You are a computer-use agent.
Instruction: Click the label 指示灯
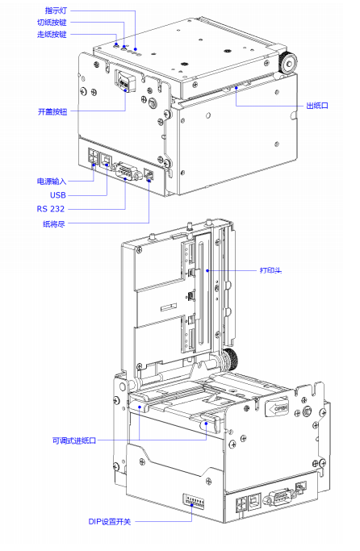tap(56, 10)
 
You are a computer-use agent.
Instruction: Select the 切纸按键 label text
tap(52, 23)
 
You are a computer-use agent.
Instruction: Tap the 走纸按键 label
tap(52, 35)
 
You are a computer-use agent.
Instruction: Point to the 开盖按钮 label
tap(52, 112)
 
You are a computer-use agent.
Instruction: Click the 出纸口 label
tap(317, 106)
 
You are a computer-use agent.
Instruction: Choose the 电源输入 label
tap(52, 182)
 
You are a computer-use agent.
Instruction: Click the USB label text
tap(58, 195)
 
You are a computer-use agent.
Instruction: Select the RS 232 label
tap(51, 209)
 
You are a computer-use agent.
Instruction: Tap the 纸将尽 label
tap(54, 223)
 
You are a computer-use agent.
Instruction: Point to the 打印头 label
tap(270, 270)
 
